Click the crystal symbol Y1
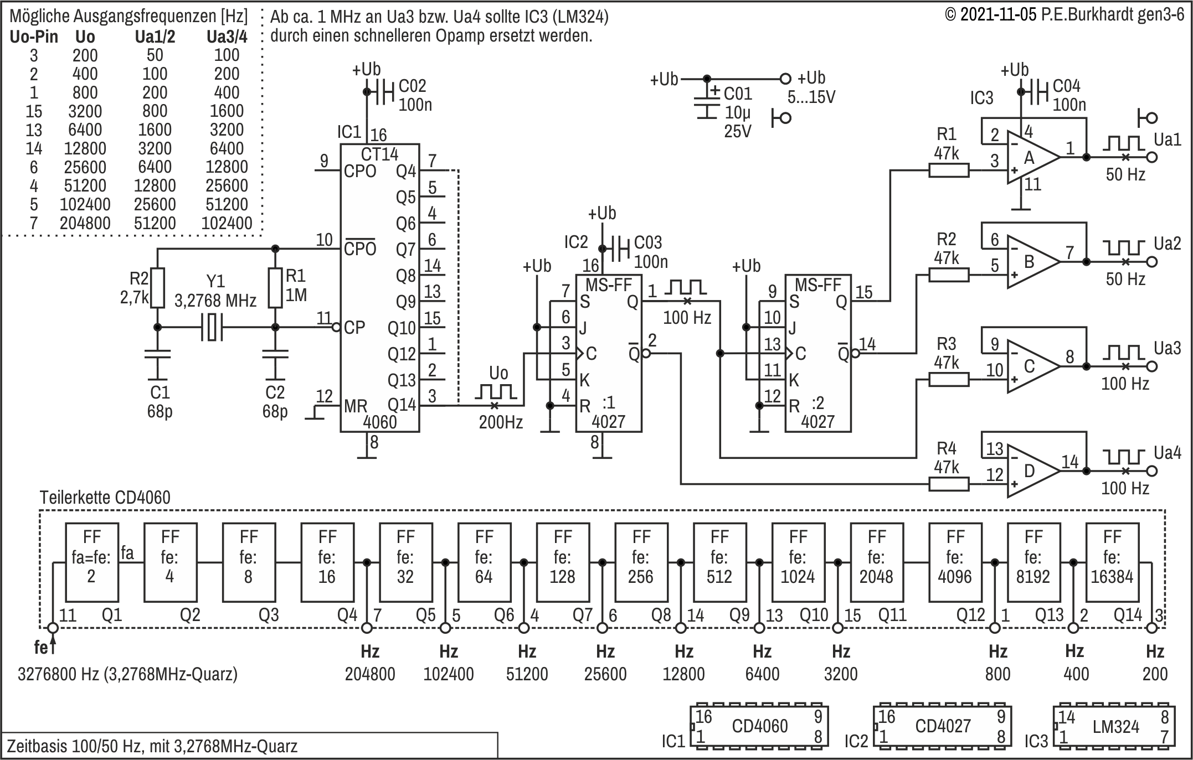point(212,327)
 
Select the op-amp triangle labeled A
point(1033,157)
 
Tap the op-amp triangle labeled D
point(1033,471)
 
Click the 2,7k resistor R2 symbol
point(158,288)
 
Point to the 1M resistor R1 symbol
point(275,288)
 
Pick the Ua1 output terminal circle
point(1152,157)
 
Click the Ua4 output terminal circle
point(1152,471)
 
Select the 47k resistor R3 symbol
point(949,380)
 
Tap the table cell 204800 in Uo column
point(85,223)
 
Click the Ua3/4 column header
point(227,37)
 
